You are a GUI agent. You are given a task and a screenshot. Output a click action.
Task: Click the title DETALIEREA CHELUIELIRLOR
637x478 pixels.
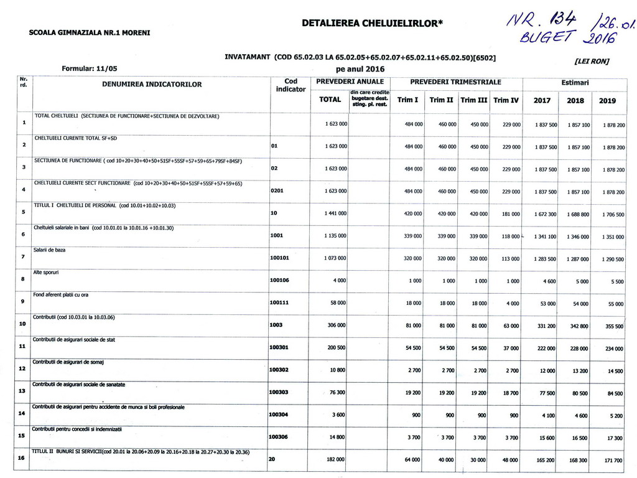pyautogui.click(x=372, y=23)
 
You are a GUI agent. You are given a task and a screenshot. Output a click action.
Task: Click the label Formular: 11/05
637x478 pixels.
pyautogui.click(x=89, y=68)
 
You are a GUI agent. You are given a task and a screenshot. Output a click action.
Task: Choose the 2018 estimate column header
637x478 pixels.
pyautogui.click(x=575, y=100)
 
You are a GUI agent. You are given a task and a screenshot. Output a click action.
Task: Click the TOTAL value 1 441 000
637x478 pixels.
pyautogui.click(x=335, y=213)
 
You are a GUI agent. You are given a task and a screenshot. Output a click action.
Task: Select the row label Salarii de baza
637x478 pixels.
pyautogui.click(x=49, y=250)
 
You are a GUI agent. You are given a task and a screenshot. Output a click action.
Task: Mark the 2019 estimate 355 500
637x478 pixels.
pyautogui.click(x=613, y=326)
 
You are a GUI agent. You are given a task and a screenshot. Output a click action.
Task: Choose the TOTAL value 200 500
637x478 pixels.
pyautogui.click(x=336, y=347)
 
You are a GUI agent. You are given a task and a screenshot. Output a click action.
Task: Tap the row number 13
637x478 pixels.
pyautogui.click(x=22, y=391)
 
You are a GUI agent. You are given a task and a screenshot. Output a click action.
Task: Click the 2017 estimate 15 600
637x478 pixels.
pyautogui.click(x=547, y=438)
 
